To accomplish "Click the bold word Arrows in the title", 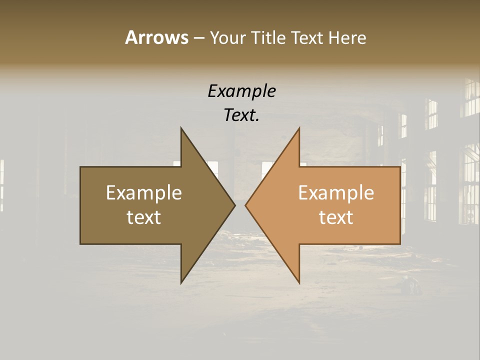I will tap(156, 37).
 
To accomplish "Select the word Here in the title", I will tap(347, 38).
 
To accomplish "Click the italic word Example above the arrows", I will tap(241, 91).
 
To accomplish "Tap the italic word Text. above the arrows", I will tap(241, 115).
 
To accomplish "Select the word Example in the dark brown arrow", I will tap(143, 193).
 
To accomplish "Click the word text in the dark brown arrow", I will tap(143, 217).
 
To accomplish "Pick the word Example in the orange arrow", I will tap(336, 193).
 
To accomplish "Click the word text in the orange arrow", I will tap(336, 217).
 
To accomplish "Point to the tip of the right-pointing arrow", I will tap(234, 205).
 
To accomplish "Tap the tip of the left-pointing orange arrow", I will tap(245, 205).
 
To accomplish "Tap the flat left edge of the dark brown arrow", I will tap(80, 205).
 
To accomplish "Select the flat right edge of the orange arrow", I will tap(400, 205).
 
